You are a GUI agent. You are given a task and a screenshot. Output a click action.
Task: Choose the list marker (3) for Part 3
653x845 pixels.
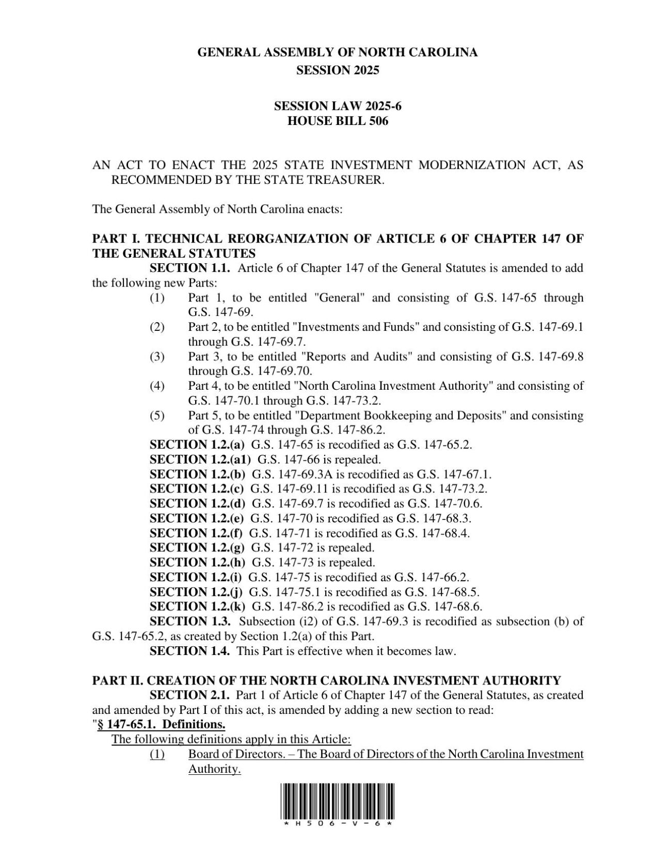[x=157, y=357]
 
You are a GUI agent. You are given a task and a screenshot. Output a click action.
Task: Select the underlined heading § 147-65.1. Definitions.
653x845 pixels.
[x=161, y=724]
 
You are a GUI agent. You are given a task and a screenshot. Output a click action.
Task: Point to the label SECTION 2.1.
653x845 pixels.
[x=189, y=695]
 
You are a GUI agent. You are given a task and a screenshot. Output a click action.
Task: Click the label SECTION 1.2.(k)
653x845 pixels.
[x=197, y=607]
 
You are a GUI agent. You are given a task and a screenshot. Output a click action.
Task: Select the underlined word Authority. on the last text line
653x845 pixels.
[x=214, y=769]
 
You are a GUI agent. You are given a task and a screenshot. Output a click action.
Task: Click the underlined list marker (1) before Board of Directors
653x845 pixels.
[x=157, y=754]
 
